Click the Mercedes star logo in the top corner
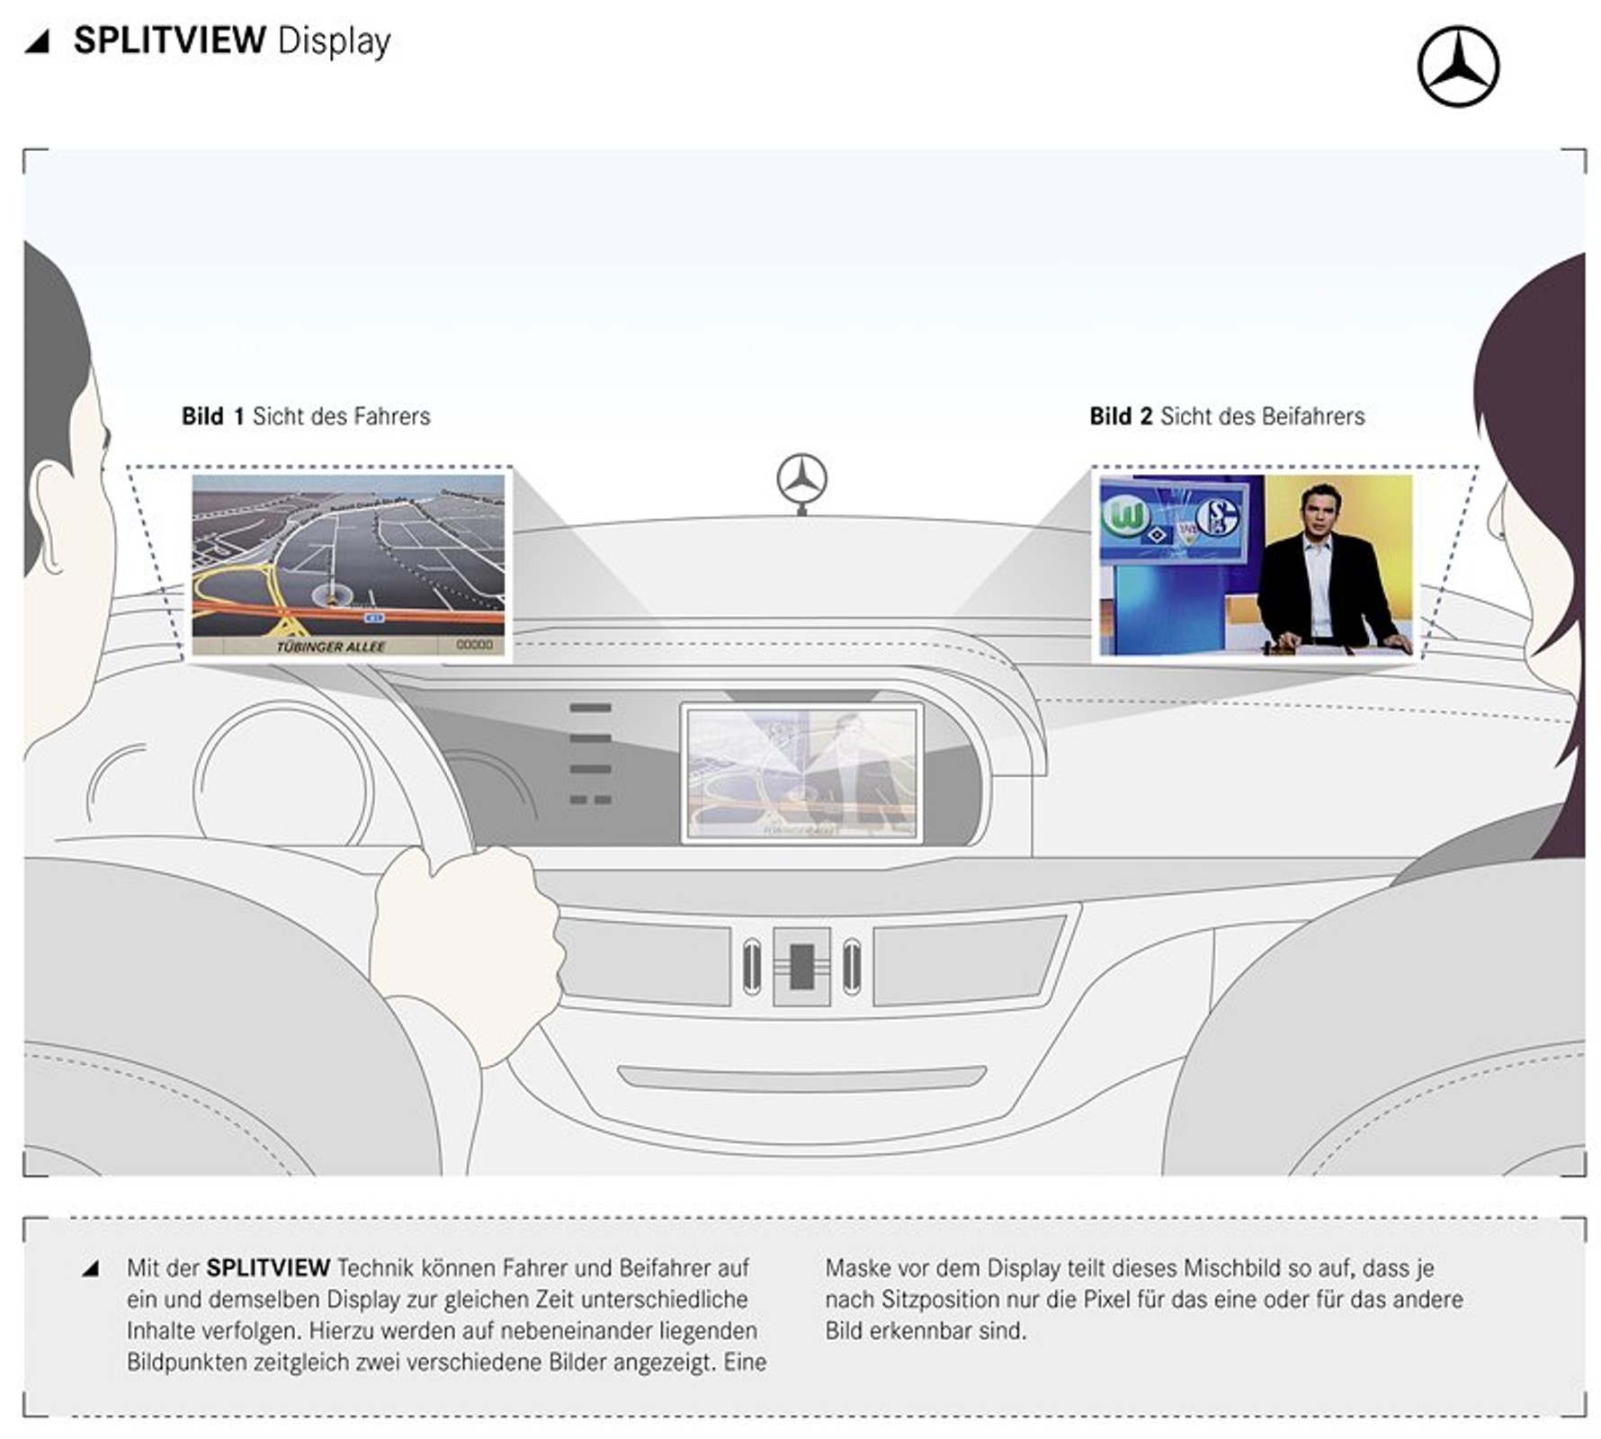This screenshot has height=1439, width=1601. coord(1457,67)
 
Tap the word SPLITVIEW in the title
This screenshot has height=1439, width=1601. coord(169,40)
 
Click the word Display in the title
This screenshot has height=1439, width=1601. coord(334,42)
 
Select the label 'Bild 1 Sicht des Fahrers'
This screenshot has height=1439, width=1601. coord(306,416)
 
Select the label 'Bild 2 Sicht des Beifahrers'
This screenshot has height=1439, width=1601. coord(1227,416)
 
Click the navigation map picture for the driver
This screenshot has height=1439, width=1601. coord(348,564)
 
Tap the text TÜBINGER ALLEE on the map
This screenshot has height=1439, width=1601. coord(330,647)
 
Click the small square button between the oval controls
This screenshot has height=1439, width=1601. coord(801,967)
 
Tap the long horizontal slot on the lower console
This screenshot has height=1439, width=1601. coord(801,1077)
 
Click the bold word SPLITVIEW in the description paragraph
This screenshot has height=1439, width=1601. coord(268,1268)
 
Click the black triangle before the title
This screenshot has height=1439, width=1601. coord(38,41)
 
